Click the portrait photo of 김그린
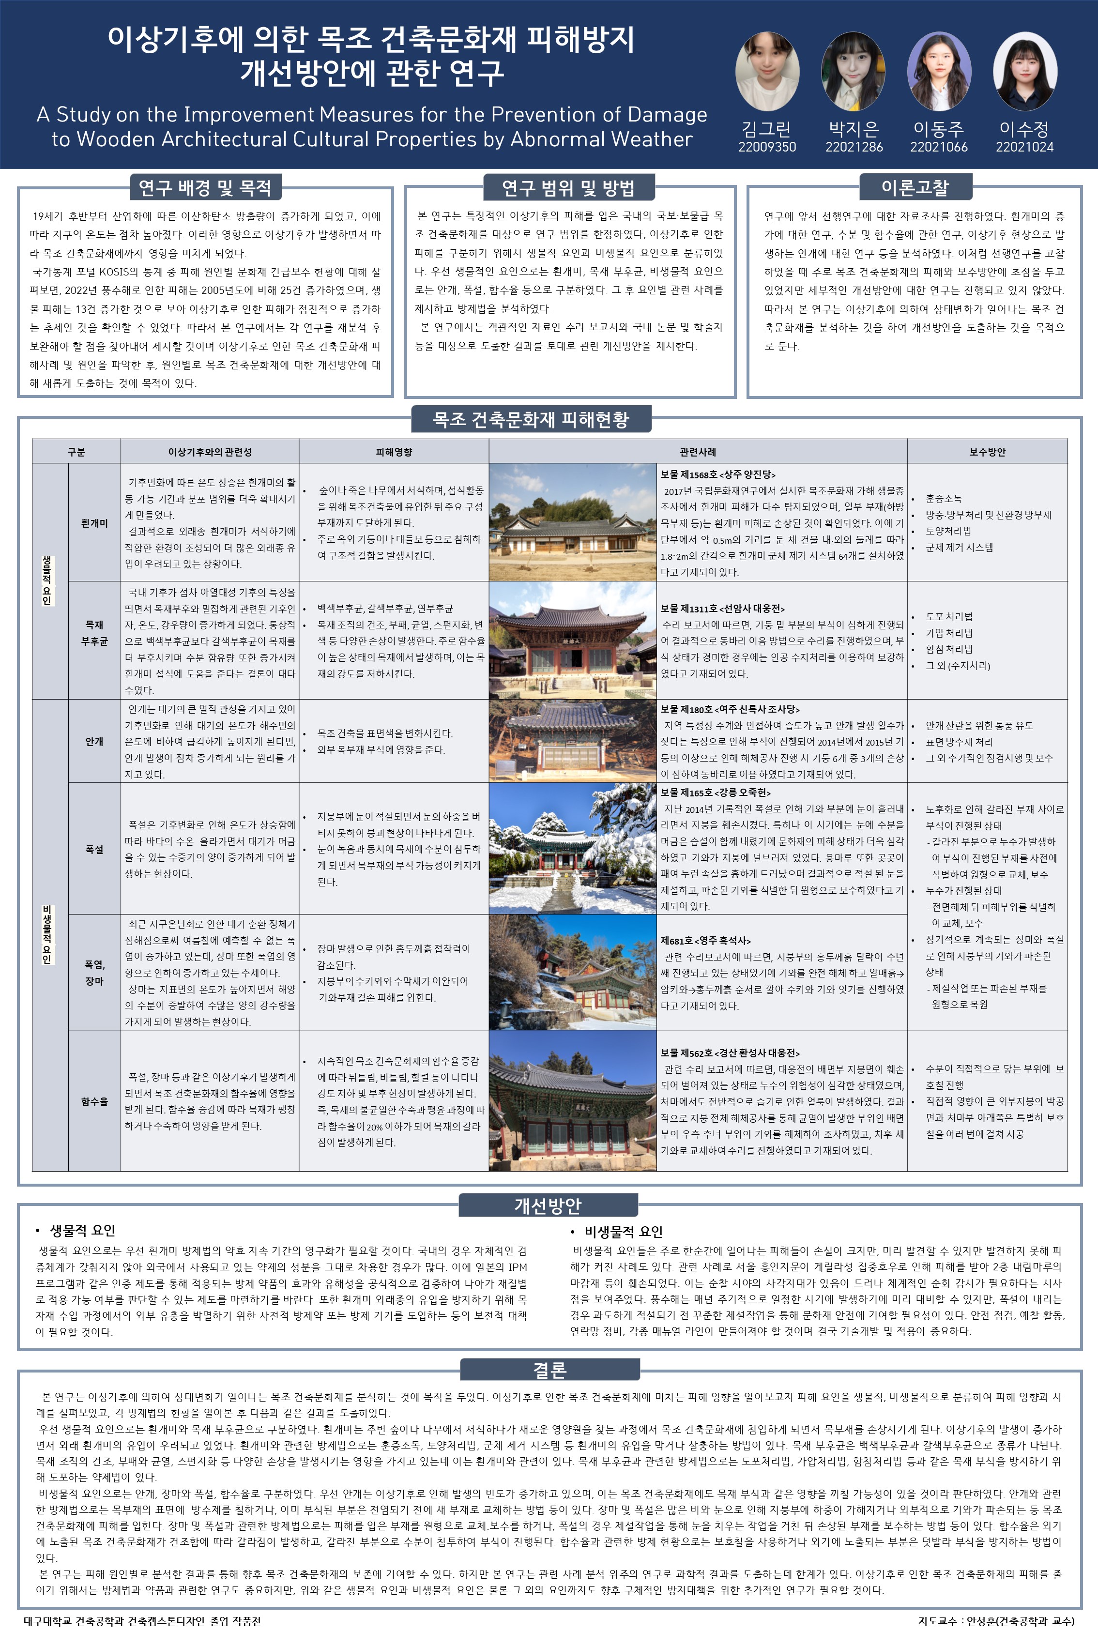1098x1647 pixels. point(767,72)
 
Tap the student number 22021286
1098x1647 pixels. point(854,147)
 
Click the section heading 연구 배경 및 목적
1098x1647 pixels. point(205,188)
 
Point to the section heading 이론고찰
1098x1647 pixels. point(915,188)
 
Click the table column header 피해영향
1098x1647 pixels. point(394,452)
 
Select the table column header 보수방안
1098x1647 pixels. point(987,452)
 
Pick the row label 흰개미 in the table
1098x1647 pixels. point(94,523)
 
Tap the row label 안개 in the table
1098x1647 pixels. point(94,741)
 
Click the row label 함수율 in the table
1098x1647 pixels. point(94,1101)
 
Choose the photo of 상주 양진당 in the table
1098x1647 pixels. point(572,522)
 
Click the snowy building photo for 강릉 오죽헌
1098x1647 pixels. point(572,848)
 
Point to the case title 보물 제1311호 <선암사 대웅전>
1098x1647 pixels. point(722,609)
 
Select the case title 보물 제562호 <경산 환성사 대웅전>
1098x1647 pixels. point(730,1052)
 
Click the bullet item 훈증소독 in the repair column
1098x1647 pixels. point(943,499)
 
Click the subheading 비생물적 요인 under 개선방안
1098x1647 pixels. point(623,1232)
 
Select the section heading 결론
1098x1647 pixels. point(549,1370)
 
